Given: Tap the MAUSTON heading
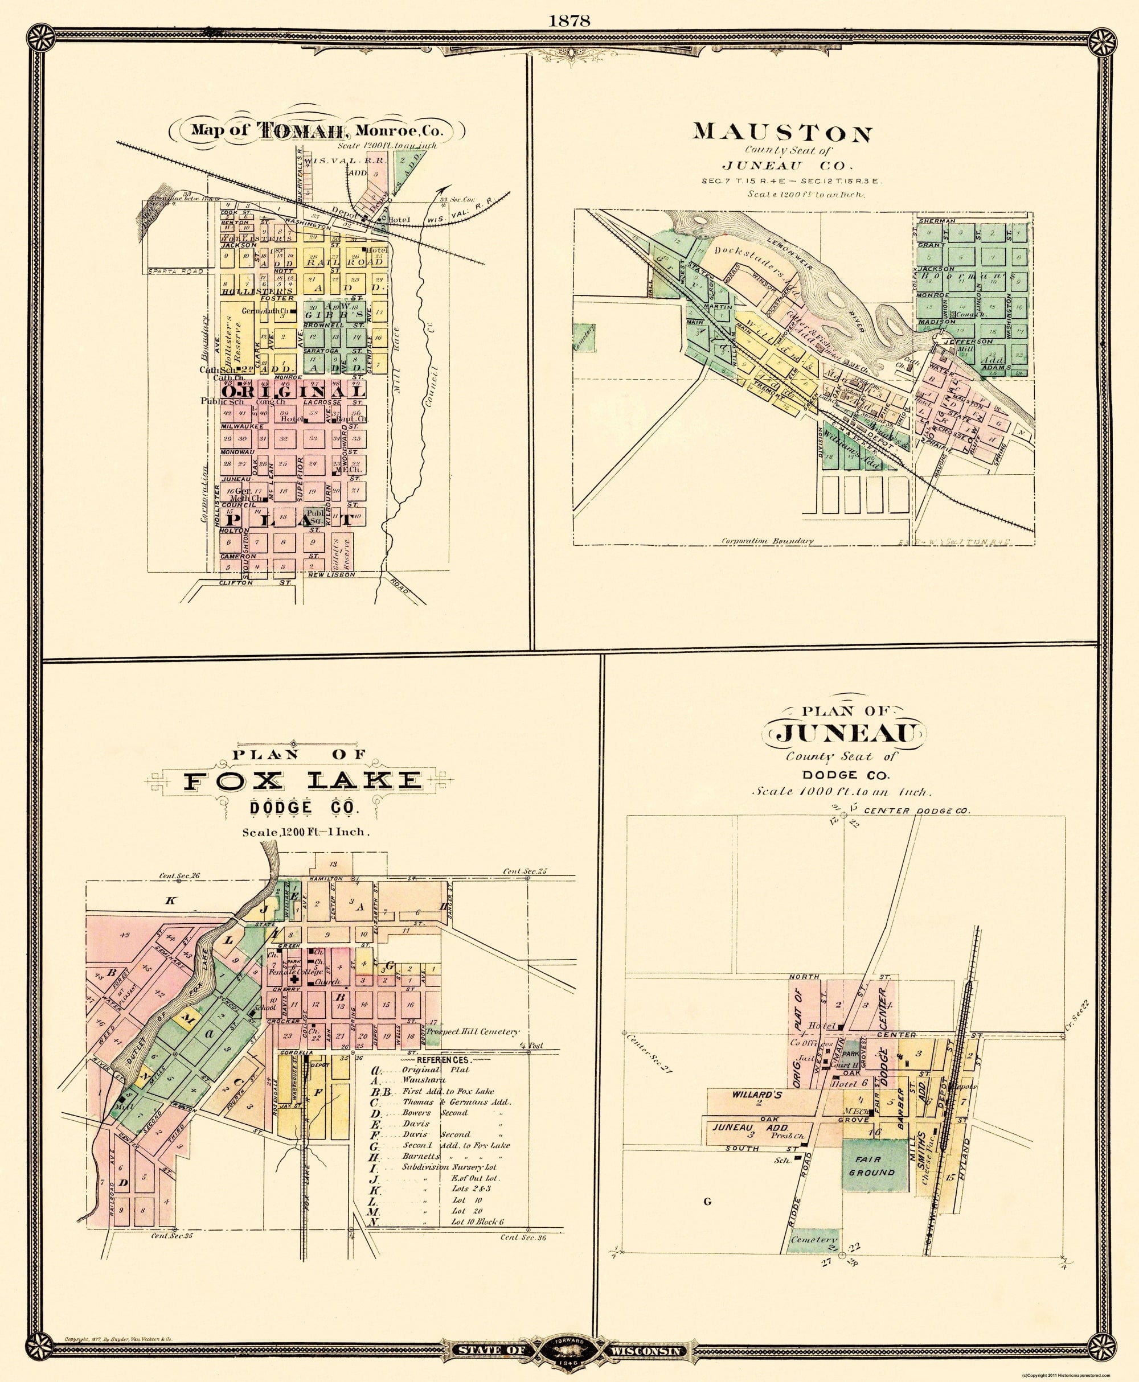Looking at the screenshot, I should pos(782,133).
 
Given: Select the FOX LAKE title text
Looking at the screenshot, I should pos(302,780).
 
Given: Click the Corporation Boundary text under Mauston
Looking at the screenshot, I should pos(767,541).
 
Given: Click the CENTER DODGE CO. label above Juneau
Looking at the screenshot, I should pos(916,811).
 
